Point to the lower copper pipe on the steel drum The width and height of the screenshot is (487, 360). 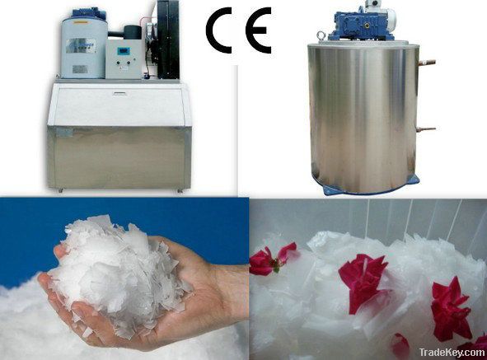click(x=427, y=129)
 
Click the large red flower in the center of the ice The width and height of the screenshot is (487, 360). click(x=363, y=280)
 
